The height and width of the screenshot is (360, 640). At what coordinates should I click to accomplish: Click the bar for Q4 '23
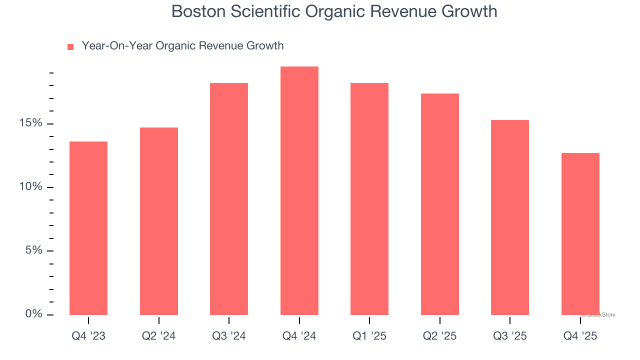[88, 228]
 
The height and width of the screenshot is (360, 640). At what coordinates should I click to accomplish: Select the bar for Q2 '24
[159, 221]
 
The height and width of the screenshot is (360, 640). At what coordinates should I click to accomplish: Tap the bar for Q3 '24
[229, 198]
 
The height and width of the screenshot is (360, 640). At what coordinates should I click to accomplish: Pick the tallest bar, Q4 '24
[299, 190]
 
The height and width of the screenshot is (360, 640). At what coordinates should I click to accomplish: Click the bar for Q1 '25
[369, 198]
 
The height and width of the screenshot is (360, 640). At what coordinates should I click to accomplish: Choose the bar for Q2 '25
[440, 204]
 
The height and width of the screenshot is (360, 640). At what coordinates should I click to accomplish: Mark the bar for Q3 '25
[510, 217]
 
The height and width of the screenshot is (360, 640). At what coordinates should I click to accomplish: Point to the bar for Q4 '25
[580, 233]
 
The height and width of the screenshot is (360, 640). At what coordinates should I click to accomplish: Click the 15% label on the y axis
[31, 123]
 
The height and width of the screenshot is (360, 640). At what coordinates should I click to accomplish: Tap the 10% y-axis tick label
[31, 187]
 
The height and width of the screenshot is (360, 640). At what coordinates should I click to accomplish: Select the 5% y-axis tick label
[34, 250]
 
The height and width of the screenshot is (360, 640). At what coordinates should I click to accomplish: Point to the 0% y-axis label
[34, 314]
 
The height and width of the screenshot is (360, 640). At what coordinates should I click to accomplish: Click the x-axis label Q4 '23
[88, 336]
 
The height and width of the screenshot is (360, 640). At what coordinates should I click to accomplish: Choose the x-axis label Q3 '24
[229, 336]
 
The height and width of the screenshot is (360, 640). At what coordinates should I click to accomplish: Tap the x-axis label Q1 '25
[369, 336]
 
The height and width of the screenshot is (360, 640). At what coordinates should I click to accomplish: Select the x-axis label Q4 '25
[580, 336]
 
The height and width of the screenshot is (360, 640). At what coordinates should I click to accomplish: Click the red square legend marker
[70, 47]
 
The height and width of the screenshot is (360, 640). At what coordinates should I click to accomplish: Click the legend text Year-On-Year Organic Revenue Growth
[182, 46]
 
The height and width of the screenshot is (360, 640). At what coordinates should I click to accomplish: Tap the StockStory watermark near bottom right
[599, 315]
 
